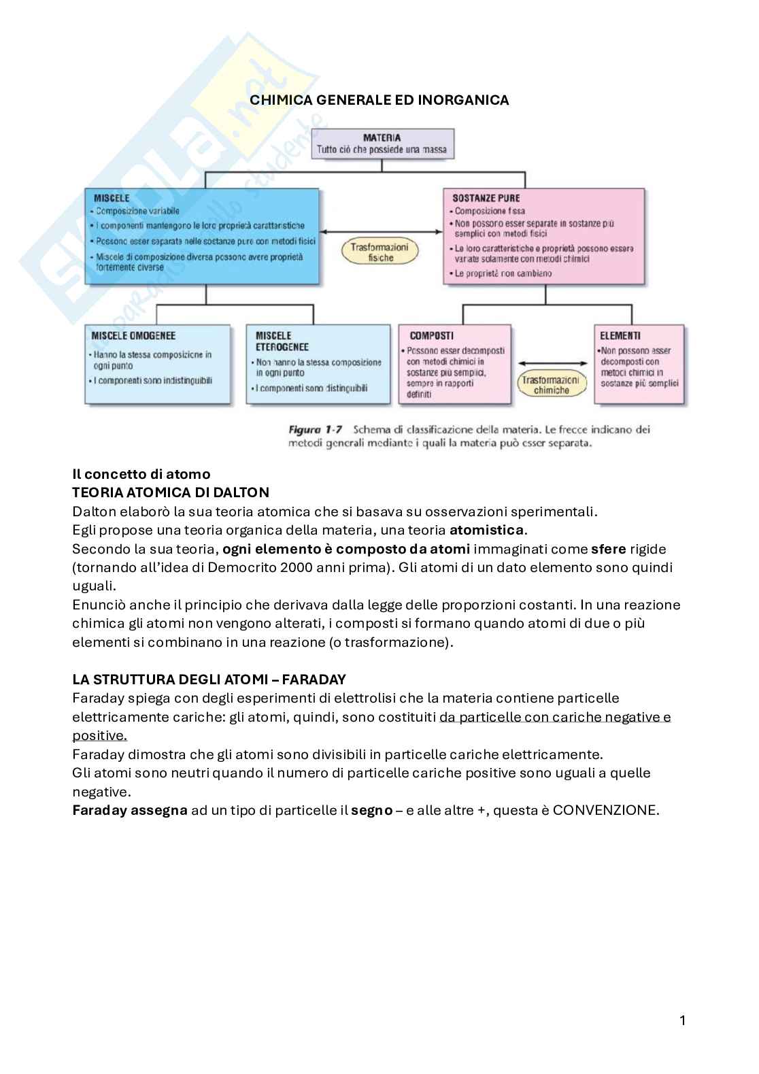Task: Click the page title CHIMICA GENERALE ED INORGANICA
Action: [379, 100]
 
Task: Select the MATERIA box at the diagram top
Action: [382, 144]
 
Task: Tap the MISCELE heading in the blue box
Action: [111, 199]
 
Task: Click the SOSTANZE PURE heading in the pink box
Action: [486, 199]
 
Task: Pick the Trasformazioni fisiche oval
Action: [380, 252]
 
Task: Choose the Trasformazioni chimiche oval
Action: [551, 385]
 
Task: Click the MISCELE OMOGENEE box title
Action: [133, 336]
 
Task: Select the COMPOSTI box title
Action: [431, 336]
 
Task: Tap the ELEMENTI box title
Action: [620, 336]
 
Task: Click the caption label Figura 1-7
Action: [315, 430]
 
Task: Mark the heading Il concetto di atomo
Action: [141, 474]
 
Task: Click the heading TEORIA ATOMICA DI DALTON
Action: [170, 492]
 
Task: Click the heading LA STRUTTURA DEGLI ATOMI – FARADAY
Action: [209, 679]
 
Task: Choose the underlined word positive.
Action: [99, 736]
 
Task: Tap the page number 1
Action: [682, 1020]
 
